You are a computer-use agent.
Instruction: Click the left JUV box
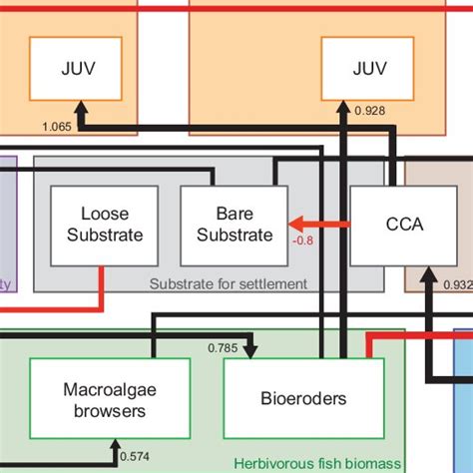point(76,69)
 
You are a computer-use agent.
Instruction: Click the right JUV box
point(367,69)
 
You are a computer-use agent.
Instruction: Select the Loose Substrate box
point(98,226)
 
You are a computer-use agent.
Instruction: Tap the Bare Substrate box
point(234,226)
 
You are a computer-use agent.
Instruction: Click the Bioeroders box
point(303,399)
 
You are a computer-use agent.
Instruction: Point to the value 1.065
point(59,127)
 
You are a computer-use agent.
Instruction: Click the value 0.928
point(369,110)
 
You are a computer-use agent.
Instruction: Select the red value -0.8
point(303,239)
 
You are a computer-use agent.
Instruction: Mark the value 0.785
point(223,347)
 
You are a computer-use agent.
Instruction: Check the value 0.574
point(136,457)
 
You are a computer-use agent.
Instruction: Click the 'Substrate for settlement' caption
point(228,284)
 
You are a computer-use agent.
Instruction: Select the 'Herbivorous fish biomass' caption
point(316,464)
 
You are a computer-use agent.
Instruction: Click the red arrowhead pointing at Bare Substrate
point(295,225)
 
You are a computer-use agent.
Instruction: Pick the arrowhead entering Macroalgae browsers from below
point(116,445)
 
